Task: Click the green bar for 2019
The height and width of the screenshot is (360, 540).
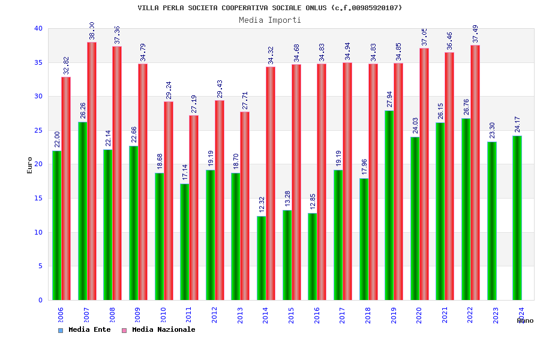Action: pos(389,205)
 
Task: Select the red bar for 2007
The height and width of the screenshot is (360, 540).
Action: pos(92,171)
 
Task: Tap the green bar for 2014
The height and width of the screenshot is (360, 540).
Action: pos(261,258)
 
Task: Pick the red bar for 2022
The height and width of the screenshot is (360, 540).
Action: pos(475,173)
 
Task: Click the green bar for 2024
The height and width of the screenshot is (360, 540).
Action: pos(517,218)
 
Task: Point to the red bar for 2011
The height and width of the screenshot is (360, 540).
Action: pos(194,208)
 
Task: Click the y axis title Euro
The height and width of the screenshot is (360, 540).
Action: pos(30,165)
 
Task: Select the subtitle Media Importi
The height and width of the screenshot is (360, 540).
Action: pos(270,20)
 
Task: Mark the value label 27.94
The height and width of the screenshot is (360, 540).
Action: pos(389,100)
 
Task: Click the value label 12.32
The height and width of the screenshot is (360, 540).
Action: pos(262,205)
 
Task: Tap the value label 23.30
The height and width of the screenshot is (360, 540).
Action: pos(492,131)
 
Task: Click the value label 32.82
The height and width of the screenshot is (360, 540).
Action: pos(67,65)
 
